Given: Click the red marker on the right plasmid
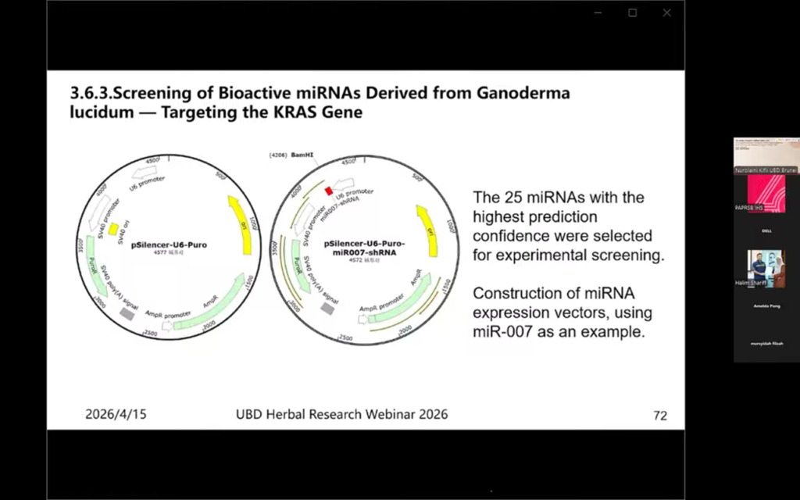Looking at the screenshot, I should click(x=330, y=191).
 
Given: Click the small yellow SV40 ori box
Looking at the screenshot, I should click(x=114, y=229).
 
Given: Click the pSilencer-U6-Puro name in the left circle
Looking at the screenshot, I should click(x=169, y=245).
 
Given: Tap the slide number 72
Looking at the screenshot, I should click(x=660, y=416).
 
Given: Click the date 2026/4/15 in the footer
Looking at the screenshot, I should click(x=116, y=414).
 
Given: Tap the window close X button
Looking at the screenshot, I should click(x=666, y=12).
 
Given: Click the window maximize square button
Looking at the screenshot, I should click(x=632, y=12).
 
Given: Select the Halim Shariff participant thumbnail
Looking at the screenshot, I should click(x=766, y=269).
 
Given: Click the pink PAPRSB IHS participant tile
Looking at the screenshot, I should click(x=766, y=194).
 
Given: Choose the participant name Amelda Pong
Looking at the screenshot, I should click(x=766, y=306).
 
